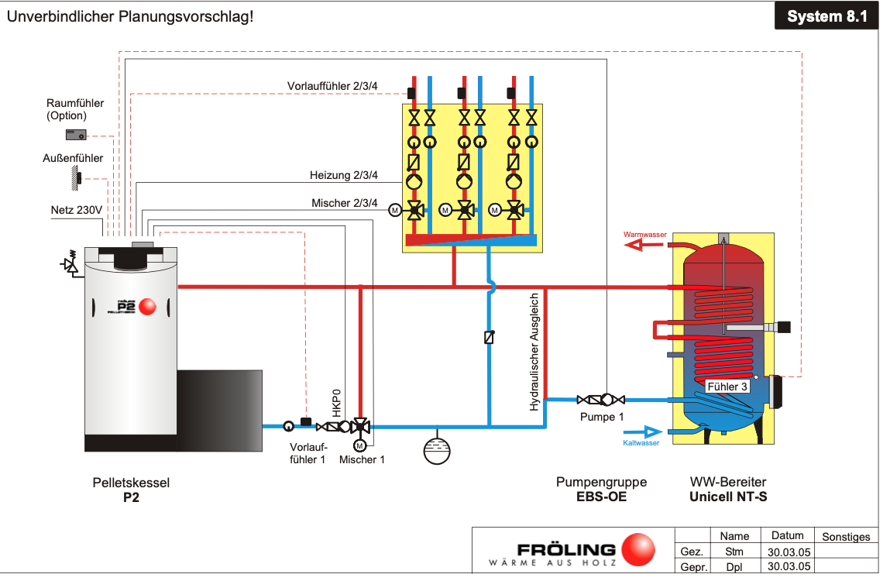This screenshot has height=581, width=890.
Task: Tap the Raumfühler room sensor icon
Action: click(76, 135)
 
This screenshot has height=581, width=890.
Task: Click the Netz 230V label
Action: click(77, 209)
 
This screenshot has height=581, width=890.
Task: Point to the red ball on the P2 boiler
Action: click(148, 307)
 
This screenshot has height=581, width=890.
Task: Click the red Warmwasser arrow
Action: click(643, 245)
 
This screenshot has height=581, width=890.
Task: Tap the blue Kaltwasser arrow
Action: click(641, 431)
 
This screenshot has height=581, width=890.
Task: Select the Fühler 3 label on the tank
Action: click(727, 386)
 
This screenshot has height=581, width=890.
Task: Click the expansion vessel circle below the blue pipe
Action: click(437, 450)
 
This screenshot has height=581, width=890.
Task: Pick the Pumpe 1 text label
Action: click(602, 417)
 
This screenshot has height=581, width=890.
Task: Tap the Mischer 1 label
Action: click(362, 459)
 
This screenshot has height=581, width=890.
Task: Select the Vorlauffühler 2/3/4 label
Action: click(332, 85)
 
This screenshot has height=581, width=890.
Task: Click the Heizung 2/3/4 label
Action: click(344, 175)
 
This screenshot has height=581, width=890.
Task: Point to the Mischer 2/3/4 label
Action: click(345, 203)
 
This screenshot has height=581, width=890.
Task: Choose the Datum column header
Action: click(787, 535)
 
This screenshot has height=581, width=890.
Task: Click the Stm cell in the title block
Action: click(734, 552)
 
